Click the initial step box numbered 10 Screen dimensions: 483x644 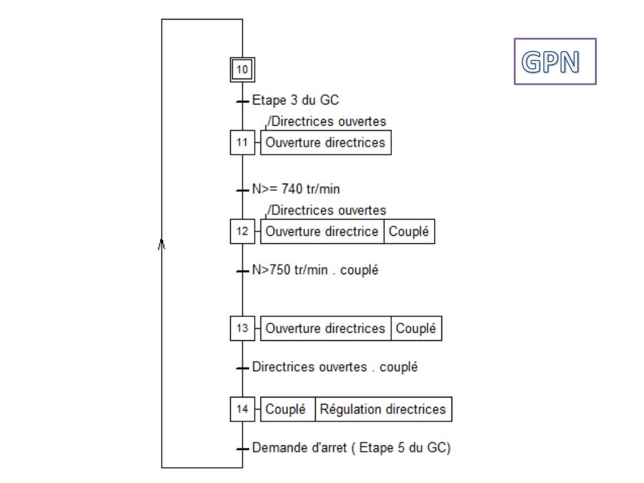pos(242,69)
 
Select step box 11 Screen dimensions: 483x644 pos(242,143)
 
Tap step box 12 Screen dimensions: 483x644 pos(242,231)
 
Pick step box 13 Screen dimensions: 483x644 pos(242,329)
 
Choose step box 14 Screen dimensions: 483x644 pos(242,409)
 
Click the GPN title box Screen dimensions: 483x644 pos(555,62)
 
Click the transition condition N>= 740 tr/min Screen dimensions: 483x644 pos(296,188)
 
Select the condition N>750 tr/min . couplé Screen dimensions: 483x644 pos(314,270)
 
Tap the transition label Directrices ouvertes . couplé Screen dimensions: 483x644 pos(334,367)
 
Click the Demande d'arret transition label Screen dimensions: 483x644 pos(351,448)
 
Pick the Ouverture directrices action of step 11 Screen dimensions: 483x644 pos(325,143)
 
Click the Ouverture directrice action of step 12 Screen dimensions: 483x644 pos(321,231)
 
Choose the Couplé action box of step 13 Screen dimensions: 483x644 pos(416,329)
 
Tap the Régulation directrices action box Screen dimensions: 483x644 pos(383,409)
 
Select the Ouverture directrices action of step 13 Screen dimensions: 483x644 pos(325,329)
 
